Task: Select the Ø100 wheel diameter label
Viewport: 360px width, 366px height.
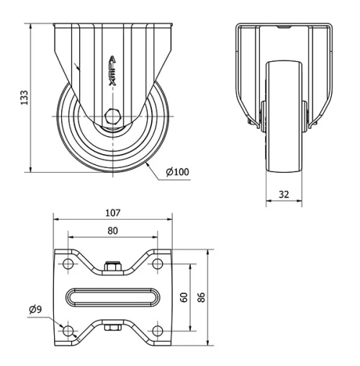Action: click(178, 171)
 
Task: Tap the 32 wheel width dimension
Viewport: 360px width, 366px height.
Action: click(284, 193)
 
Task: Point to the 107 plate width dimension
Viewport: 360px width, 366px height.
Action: click(112, 213)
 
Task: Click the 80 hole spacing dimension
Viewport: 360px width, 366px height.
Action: click(112, 231)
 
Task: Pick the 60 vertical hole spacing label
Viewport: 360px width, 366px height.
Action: click(184, 297)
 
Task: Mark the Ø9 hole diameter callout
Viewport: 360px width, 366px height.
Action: click(35, 310)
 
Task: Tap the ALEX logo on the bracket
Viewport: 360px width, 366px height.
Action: click(112, 72)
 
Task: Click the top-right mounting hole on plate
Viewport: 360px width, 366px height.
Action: click(157, 264)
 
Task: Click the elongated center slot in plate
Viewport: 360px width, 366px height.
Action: click(112, 298)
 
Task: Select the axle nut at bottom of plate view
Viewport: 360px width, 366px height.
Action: click(112, 329)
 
